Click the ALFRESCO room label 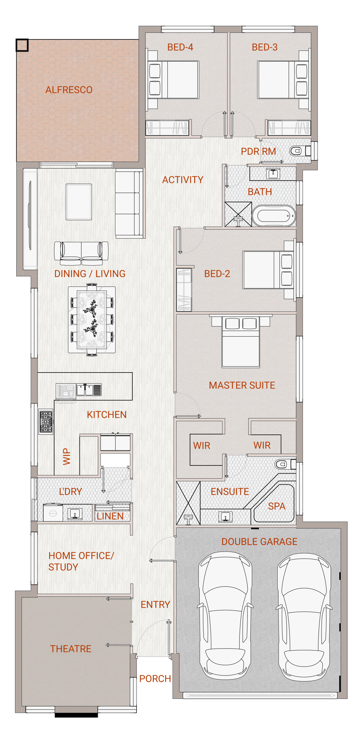[69, 90]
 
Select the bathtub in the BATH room [274, 216]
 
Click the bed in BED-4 [173, 80]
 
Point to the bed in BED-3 [283, 80]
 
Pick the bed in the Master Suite [241, 342]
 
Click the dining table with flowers [92, 320]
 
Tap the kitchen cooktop [46, 422]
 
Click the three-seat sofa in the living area [129, 203]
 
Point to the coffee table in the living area [79, 202]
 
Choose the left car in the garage [225, 616]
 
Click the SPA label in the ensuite [277, 506]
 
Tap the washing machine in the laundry [53, 512]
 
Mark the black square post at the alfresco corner [22, 45]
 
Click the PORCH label [155, 679]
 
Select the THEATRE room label [71, 649]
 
